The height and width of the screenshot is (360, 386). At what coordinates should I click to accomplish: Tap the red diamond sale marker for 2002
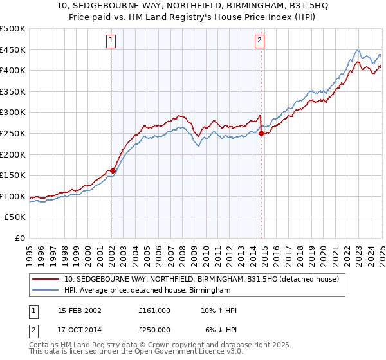(x=113, y=171)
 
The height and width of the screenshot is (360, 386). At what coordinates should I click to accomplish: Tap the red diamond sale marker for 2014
(x=261, y=133)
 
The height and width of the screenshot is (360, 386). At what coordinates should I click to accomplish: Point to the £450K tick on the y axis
(x=13, y=50)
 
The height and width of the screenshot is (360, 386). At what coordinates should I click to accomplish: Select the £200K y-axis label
(x=13, y=154)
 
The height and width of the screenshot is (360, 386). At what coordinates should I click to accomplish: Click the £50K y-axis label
(x=15, y=217)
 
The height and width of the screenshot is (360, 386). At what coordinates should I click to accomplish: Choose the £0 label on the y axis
(x=21, y=239)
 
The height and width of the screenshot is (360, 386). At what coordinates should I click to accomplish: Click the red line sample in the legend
(x=46, y=279)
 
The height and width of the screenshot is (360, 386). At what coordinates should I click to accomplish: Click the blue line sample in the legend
(x=46, y=291)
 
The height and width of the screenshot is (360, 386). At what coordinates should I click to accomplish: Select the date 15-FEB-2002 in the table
(x=80, y=310)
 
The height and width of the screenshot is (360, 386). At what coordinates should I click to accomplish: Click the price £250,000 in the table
(x=154, y=329)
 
